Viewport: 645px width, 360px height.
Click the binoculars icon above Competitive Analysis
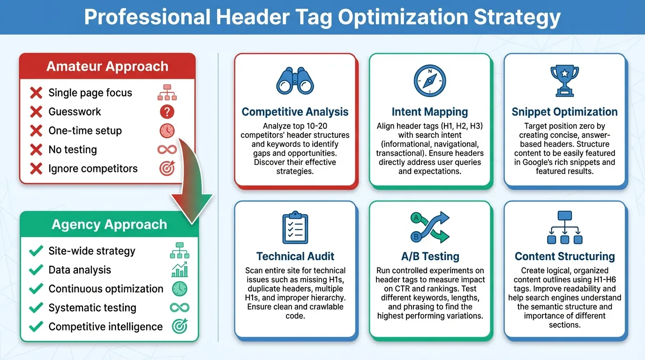click(x=295, y=81)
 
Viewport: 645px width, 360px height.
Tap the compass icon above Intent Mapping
click(x=429, y=79)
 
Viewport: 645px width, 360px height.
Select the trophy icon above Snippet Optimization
click(x=564, y=80)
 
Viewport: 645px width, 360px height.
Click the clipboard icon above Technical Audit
click(x=295, y=227)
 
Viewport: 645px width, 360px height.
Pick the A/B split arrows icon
click(x=429, y=227)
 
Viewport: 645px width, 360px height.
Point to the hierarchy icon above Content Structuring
click(x=564, y=228)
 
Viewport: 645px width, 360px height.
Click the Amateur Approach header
click(x=107, y=66)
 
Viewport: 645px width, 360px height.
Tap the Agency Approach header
click(x=109, y=225)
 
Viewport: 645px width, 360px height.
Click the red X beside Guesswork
click(x=36, y=112)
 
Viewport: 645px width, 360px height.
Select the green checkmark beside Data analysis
click(x=36, y=270)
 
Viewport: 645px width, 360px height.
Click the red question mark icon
click(x=167, y=112)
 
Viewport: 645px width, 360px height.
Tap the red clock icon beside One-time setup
click(x=167, y=131)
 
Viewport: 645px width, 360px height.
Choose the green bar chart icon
click(x=180, y=270)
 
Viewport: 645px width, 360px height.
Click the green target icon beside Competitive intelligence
click(x=180, y=326)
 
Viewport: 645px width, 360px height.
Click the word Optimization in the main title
click(x=403, y=17)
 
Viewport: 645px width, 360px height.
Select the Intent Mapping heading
click(x=429, y=112)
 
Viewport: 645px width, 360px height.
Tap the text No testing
click(x=73, y=150)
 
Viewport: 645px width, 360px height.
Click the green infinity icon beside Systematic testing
click(x=180, y=307)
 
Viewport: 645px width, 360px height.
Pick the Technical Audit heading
click(x=295, y=256)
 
